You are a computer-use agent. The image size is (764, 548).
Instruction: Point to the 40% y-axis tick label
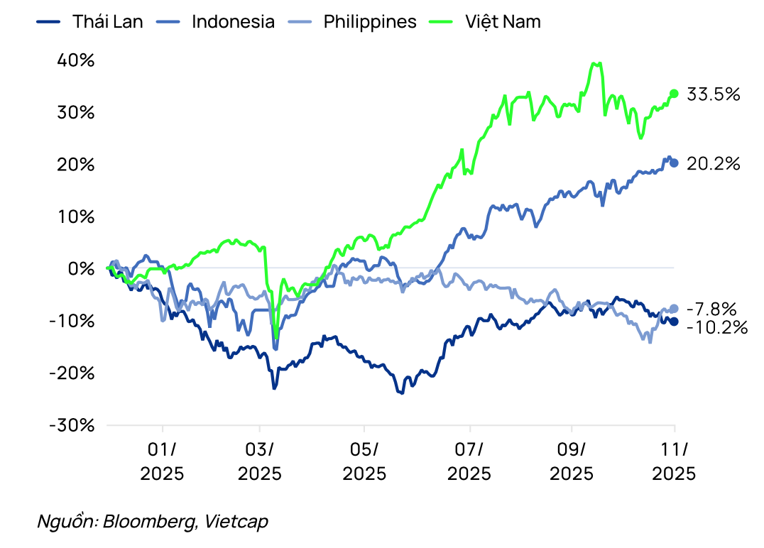[x=75, y=60]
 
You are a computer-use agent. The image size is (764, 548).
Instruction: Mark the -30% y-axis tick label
[x=72, y=425]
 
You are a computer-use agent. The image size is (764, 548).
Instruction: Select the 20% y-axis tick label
[x=75, y=165]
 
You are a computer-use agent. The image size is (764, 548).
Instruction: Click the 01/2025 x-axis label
[x=162, y=461]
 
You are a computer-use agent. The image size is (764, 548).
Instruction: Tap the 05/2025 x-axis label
[x=364, y=461]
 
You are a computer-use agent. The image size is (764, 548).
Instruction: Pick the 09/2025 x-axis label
[x=572, y=461]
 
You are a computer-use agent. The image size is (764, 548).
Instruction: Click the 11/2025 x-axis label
[x=675, y=461]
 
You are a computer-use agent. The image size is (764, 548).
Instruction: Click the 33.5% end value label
[x=714, y=94]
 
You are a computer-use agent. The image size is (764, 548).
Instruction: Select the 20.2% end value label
[x=714, y=163]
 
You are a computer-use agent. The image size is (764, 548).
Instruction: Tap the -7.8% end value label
[x=712, y=309]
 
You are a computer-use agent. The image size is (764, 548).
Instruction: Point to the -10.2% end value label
[x=717, y=327]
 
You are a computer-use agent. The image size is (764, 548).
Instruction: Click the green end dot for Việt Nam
[x=674, y=94]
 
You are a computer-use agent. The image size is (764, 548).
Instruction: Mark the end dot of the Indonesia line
[x=674, y=163]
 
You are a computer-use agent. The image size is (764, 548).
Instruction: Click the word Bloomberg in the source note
[x=150, y=522]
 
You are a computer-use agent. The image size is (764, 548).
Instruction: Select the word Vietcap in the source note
[x=236, y=522]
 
